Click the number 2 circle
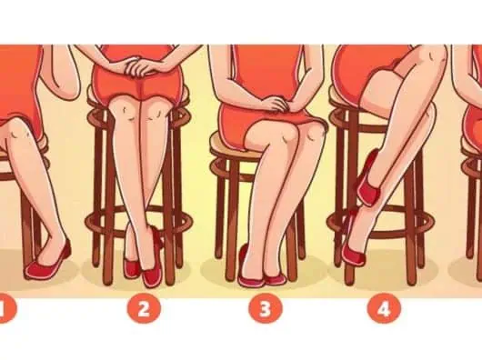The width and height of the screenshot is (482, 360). (x=144, y=308)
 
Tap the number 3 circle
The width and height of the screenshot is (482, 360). (x=265, y=308)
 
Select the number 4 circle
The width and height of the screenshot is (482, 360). (x=385, y=308)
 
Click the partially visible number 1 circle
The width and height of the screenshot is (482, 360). (x=6, y=308)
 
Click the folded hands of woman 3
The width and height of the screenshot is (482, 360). (x=276, y=103)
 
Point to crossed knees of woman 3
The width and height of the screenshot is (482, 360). (x=289, y=135)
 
